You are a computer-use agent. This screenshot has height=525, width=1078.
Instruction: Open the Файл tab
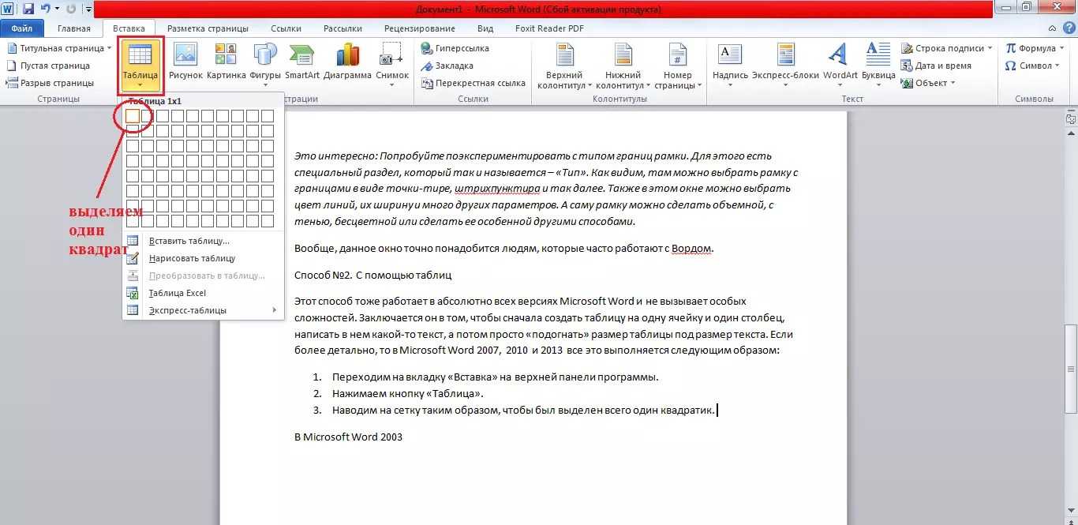click(x=21, y=28)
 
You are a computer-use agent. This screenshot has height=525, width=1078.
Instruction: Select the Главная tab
click(x=74, y=28)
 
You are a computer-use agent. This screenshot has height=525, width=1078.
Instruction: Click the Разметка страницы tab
click(x=208, y=28)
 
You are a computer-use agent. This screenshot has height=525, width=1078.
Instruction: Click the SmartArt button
click(x=302, y=62)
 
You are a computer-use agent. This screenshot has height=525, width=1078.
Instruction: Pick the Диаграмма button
click(x=347, y=62)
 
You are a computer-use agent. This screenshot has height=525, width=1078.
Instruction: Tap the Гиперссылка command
click(x=462, y=48)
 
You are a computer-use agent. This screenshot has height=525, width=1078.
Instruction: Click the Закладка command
click(x=454, y=66)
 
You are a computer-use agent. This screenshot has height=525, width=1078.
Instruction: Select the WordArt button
click(x=840, y=62)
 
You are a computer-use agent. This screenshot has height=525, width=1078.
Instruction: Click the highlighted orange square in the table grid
click(x=132, y=116)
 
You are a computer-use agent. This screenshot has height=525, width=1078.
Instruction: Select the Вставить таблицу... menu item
click(x=189, y=241)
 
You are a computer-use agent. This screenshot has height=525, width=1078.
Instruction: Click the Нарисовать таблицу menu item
click(x=192, y=258)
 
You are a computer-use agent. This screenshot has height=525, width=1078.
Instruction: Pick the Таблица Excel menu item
click(x=177, y=293)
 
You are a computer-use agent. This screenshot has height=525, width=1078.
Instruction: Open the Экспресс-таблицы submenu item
click(x=187, y=310)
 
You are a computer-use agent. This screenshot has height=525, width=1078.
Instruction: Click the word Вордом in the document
click(x=691, y=249)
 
